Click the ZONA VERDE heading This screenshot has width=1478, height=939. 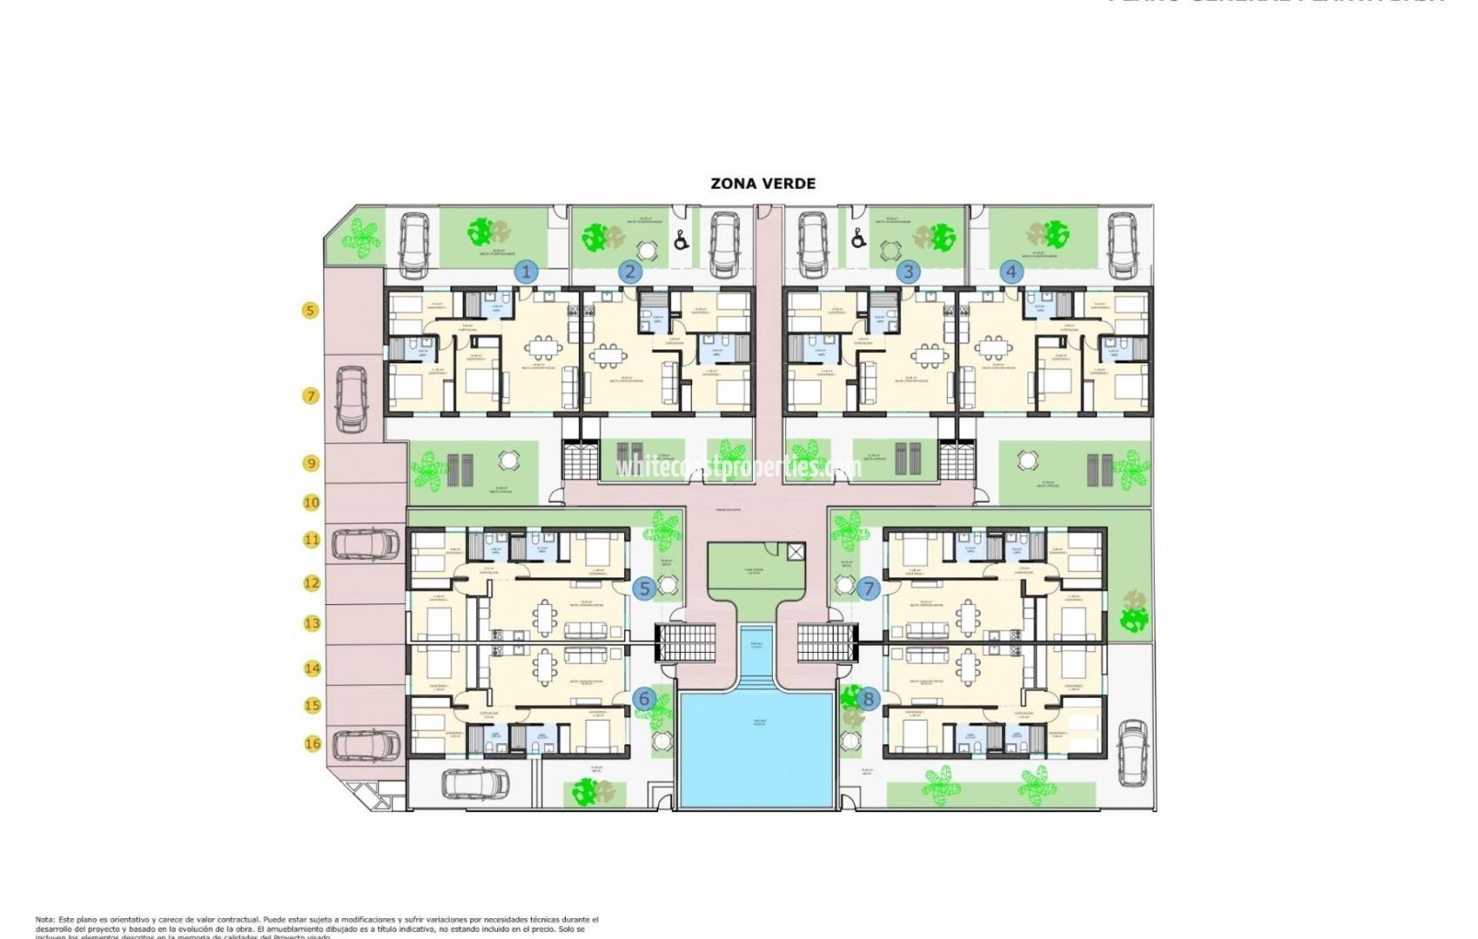point(762,183)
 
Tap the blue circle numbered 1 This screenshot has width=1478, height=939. point(525,271)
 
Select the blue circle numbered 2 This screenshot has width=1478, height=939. point(630,271)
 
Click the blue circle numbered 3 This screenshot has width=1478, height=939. point(908,271)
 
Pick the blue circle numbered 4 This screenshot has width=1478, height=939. point(1010,271)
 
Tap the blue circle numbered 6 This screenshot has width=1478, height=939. point(644,698)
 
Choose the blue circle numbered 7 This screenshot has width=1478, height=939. point(868,589)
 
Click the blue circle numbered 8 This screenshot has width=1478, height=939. point(868,698)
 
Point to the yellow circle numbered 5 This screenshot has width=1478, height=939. point(310,310)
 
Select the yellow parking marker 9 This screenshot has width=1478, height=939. point(311,463)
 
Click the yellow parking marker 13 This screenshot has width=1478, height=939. point(311,623)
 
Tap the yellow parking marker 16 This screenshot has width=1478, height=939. point(311,743)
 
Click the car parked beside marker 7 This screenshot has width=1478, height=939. point(351,399)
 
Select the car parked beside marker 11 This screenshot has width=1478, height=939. point(365,544)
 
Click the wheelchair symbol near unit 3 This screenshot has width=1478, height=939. point(859,236)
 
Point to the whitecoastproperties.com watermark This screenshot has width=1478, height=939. point(737,468)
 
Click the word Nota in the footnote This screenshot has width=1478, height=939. point(44,919)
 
